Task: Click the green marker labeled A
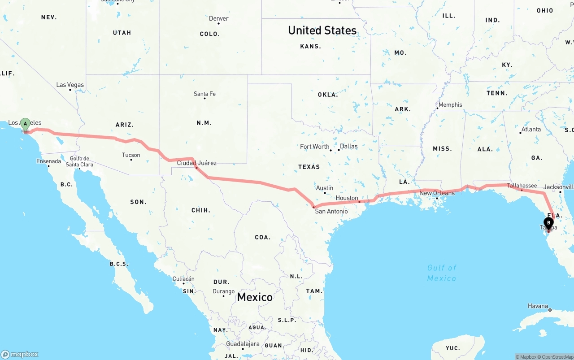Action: [26, 124]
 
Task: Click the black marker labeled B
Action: [548, 223]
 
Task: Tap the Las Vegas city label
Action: [70, 85]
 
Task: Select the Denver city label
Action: [218, 18]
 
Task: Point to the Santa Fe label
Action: [204, 94]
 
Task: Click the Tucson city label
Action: [131, 155]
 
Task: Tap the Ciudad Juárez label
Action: [196, 163]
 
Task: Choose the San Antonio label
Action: [331, 211]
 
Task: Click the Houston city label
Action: [347, 198]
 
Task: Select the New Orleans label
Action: [437, 193]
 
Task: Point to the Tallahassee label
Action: [522, 186]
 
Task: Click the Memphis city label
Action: [450, 105]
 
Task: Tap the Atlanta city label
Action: [531, 129]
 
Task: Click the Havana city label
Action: [538, 306]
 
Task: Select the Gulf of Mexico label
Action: [441, 273]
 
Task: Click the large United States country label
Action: [322, 30]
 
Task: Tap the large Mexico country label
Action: [254, 297]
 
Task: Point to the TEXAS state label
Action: [309, 167]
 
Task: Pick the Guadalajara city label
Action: [243, 344]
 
